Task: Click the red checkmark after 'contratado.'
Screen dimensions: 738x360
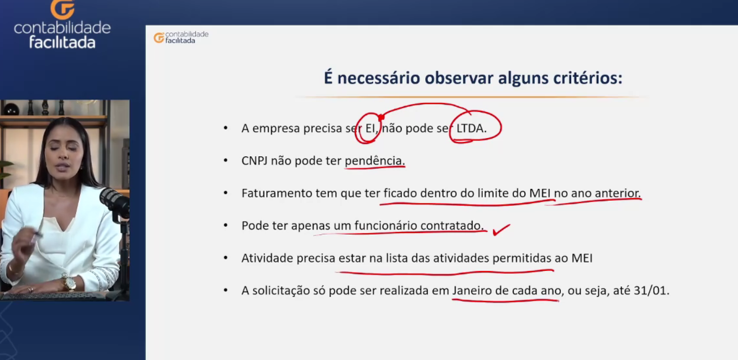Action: click(501, 230)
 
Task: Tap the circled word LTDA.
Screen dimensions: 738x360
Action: click(471, 128)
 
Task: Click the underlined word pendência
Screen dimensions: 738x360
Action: click(375, 161)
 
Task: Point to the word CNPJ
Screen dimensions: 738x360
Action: click(254, 161)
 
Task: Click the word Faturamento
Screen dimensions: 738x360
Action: click(276, 193)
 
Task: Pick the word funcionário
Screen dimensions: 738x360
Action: click(386, 226)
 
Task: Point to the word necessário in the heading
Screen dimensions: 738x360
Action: click(378, 78)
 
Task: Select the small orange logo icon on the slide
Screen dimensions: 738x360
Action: click(159, 38)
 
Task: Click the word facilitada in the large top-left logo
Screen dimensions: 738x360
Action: click(62, 42)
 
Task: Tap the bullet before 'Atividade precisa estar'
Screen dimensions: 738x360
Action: click(226, 258)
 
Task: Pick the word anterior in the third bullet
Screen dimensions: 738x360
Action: click(618, 193)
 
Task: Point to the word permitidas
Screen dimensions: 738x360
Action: click(522, 258)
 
